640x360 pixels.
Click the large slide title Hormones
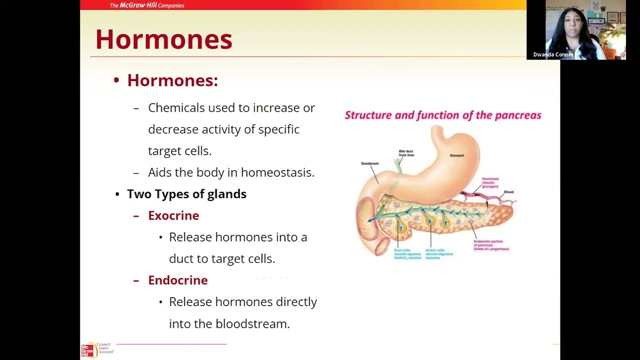tap(163, 39)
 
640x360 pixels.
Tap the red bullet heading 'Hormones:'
tap(172, 80)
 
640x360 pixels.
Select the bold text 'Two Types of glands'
tap(186, 194)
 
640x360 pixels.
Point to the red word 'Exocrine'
tap(173, 215)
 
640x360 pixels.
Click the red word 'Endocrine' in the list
tap(177, 280)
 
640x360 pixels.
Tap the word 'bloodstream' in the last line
tap(252, 323)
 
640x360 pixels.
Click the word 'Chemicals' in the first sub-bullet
tap(176, 108)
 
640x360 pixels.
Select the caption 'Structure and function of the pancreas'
tap(442, 115)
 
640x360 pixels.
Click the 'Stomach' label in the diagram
tap(456, 155)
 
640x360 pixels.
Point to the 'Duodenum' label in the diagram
tap(369, 163)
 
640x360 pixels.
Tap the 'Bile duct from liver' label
tap(406, 153)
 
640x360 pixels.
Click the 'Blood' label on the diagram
tap(508, 192)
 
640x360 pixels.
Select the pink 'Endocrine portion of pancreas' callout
tap(491, 245)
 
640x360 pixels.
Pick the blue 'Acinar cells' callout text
tap(439, 253)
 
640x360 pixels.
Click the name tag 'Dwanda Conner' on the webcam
tap(553, 54)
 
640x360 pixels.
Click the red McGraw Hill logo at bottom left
tap(87, 350)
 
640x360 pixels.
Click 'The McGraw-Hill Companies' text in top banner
tap(146, 5)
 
